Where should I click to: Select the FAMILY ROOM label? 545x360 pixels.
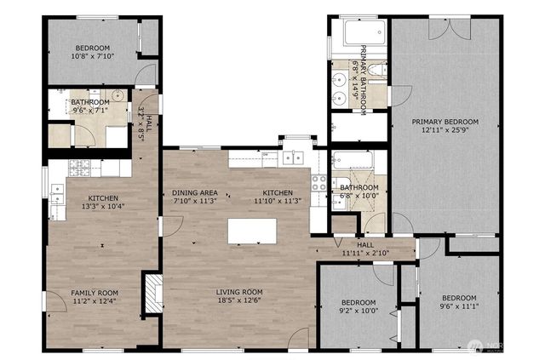[x=94, y=292]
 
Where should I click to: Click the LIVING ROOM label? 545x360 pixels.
[x=238, y=292]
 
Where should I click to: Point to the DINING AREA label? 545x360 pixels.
[x=194, y=192]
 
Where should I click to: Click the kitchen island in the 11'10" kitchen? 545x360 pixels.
[x=253, y=231]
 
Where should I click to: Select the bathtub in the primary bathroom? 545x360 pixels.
[x=354, y=34]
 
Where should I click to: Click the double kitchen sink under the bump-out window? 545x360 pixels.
[x=294, y=157]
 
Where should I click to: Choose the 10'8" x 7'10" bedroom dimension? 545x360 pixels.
[x=92, y=56]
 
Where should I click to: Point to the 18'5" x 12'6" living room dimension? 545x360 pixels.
[x=238, y=301]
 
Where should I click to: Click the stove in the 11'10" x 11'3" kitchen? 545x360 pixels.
[x=320, y=180]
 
